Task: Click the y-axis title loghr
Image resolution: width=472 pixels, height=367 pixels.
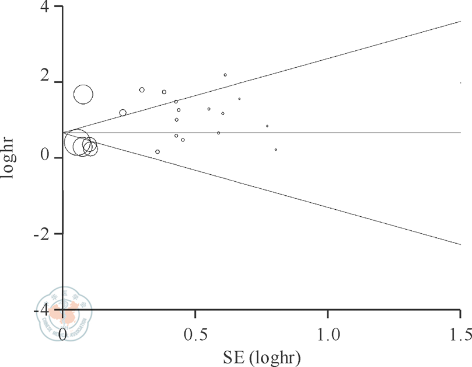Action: pos(11,158)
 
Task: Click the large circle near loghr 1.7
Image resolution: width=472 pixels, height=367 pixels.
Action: pos(83,94)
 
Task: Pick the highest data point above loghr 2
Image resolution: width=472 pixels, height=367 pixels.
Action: pos(225,75)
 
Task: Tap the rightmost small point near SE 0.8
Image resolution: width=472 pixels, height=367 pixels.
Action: pos(276,150)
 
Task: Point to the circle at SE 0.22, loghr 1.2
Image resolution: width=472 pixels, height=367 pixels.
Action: pos(123,113)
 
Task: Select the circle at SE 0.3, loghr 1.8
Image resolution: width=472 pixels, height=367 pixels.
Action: pos(142,89)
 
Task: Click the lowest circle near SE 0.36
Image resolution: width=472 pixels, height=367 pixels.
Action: pos(158,152)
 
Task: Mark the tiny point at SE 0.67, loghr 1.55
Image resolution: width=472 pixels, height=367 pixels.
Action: pos(239,99)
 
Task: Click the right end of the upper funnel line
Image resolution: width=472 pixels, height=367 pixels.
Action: pos(461,22)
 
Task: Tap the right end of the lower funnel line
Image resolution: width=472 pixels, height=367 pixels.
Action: pos(461,244)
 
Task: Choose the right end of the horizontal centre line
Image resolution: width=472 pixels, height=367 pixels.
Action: pos(461,133)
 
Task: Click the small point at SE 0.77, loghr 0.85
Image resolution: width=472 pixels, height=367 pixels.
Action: pos(267,126)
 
